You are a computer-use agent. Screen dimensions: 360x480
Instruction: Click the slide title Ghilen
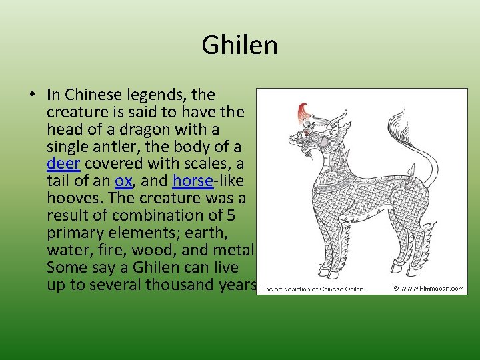coord(239,46)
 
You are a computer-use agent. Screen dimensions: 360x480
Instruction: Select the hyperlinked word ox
coord(123,181)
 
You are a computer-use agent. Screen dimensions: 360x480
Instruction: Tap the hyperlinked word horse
coord(190,181)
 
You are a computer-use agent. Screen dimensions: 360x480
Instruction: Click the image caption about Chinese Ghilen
coord(312,289)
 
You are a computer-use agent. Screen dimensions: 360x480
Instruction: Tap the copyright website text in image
coord(428,289)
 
